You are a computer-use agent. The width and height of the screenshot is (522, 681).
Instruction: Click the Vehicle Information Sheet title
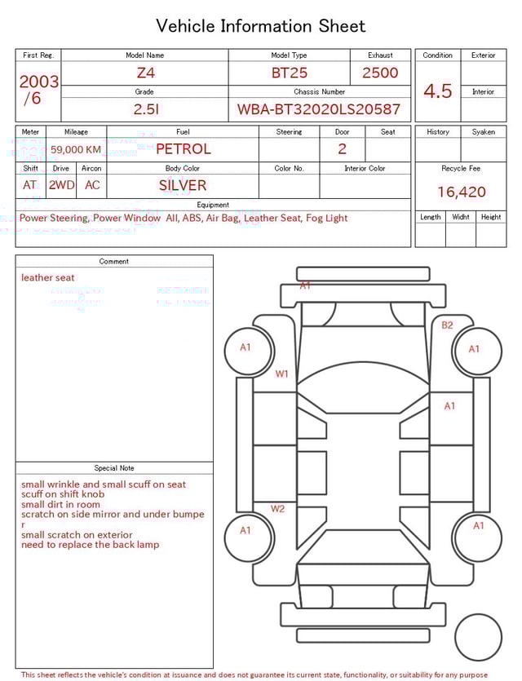click(x=260, y=26)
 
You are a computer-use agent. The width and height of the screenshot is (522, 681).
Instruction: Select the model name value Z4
click(x=145, y=73)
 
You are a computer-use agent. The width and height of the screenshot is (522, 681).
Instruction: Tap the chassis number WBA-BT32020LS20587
click(x=319, y=108)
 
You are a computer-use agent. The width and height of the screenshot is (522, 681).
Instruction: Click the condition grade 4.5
click(x=437, y=91)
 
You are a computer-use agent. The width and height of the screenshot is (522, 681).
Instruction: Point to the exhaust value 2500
click(x=380, y=73)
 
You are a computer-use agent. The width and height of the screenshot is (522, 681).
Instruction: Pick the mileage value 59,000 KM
click(x=76, y=149)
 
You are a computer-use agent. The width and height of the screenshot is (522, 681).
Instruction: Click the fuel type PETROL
click(x=183, y=148)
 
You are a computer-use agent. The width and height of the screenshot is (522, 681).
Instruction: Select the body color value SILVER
click(x=183, y=185)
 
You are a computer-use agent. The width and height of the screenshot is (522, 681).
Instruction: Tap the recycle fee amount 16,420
click(x=461, y=192)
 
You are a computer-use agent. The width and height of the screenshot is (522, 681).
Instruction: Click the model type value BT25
click(x=290, y=73)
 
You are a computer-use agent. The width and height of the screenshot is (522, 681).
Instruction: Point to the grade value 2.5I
click(x=145, y=108)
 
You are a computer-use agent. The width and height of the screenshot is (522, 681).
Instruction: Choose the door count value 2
click(x=342, y=148)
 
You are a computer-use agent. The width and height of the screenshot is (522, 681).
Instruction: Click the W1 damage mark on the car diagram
click(x=281, y=374)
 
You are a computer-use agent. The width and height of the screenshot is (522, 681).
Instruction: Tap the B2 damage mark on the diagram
click(x=447, y=325)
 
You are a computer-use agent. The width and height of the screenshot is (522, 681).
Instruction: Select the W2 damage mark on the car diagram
click(x=278, y=509)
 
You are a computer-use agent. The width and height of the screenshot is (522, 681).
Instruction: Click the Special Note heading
click(x=114, y=468)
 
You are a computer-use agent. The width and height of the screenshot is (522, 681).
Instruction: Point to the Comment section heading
click(x=114, y=262)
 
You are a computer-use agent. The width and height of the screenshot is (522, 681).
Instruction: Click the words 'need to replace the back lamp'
click(x=91, y=545)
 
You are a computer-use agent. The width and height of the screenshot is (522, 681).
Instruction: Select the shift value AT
click(x=30, y=185)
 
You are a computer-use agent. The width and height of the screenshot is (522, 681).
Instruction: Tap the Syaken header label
click(x=483, y=131)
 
